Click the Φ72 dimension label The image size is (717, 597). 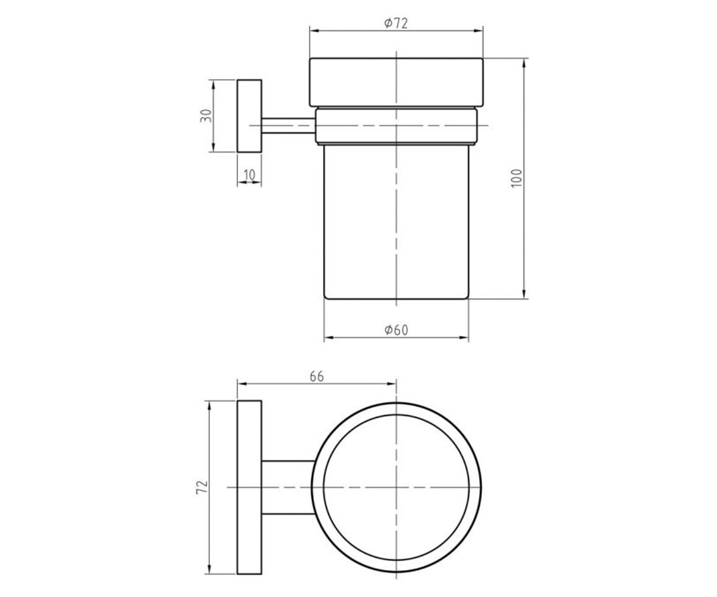pos(396,23)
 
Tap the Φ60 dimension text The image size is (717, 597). pos(396,330)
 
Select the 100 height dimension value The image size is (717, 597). pos(516,178)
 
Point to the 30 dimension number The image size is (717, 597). pos(206,116)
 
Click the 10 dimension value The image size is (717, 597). pos(249,175)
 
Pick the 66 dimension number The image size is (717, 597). pos(316,376)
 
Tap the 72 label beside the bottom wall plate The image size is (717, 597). pos(202,487)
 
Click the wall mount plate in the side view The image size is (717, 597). pos(249,116)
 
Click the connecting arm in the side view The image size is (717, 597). pos(289,125)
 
